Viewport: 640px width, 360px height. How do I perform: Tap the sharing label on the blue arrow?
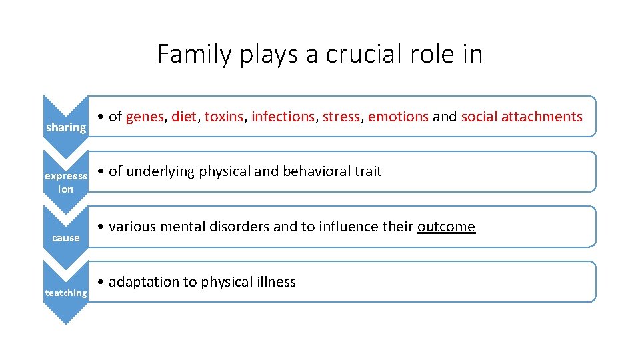(65, 127)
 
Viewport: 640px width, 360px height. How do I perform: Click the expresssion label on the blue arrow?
(65, 183)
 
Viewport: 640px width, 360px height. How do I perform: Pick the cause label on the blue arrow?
(65, 238)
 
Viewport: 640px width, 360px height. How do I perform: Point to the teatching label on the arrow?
(65, 293)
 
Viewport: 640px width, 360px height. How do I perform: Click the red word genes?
(145, 117)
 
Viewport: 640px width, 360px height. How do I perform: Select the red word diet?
(183, 117)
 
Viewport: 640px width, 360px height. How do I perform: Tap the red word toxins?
(224, 117)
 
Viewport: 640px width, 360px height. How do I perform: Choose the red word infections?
(283, 117)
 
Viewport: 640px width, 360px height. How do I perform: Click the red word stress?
(341, 117)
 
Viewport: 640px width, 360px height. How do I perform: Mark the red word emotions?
(398, 117)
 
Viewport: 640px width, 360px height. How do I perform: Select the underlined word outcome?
(446, 227)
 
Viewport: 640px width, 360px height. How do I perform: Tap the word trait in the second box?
(368, 171)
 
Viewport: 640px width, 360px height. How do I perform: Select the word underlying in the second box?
(157, 171)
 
